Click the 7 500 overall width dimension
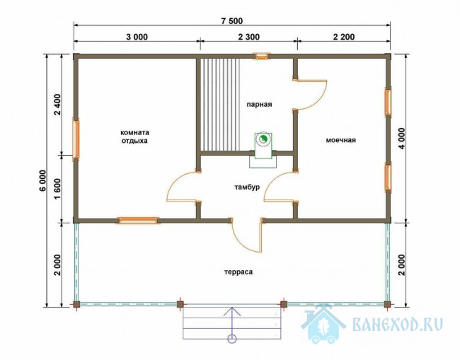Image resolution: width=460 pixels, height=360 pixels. (x=231, y=21)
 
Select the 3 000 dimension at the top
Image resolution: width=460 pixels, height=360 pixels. (x=137, y=37)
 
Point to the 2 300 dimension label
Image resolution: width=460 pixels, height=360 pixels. (x=249, y=37)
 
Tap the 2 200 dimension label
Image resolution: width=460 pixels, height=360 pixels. (x=344, y=37)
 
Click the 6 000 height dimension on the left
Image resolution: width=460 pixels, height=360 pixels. (x=42, y=180)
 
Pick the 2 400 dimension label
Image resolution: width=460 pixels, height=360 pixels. (x=57, y=105)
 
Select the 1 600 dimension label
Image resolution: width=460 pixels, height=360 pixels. (x=57, y=189)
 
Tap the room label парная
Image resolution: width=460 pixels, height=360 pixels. (x=259, y=105)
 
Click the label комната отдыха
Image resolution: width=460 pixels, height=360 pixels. (x=135, y=137)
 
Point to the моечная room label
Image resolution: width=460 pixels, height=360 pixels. (x=341, y=140)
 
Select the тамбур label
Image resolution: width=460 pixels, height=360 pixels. (x=247, y=187)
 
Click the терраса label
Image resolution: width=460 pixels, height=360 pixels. (x=238, y=272)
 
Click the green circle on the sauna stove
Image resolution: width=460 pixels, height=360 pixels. (x=263, y=139)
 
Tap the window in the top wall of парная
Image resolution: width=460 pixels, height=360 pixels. (x=262, y=56)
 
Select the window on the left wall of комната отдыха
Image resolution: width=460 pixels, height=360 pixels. (x=76, y=138)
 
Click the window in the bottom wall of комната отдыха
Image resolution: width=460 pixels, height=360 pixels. (x=137, y=220)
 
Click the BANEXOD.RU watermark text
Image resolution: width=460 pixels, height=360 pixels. (x=398, y=324)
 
